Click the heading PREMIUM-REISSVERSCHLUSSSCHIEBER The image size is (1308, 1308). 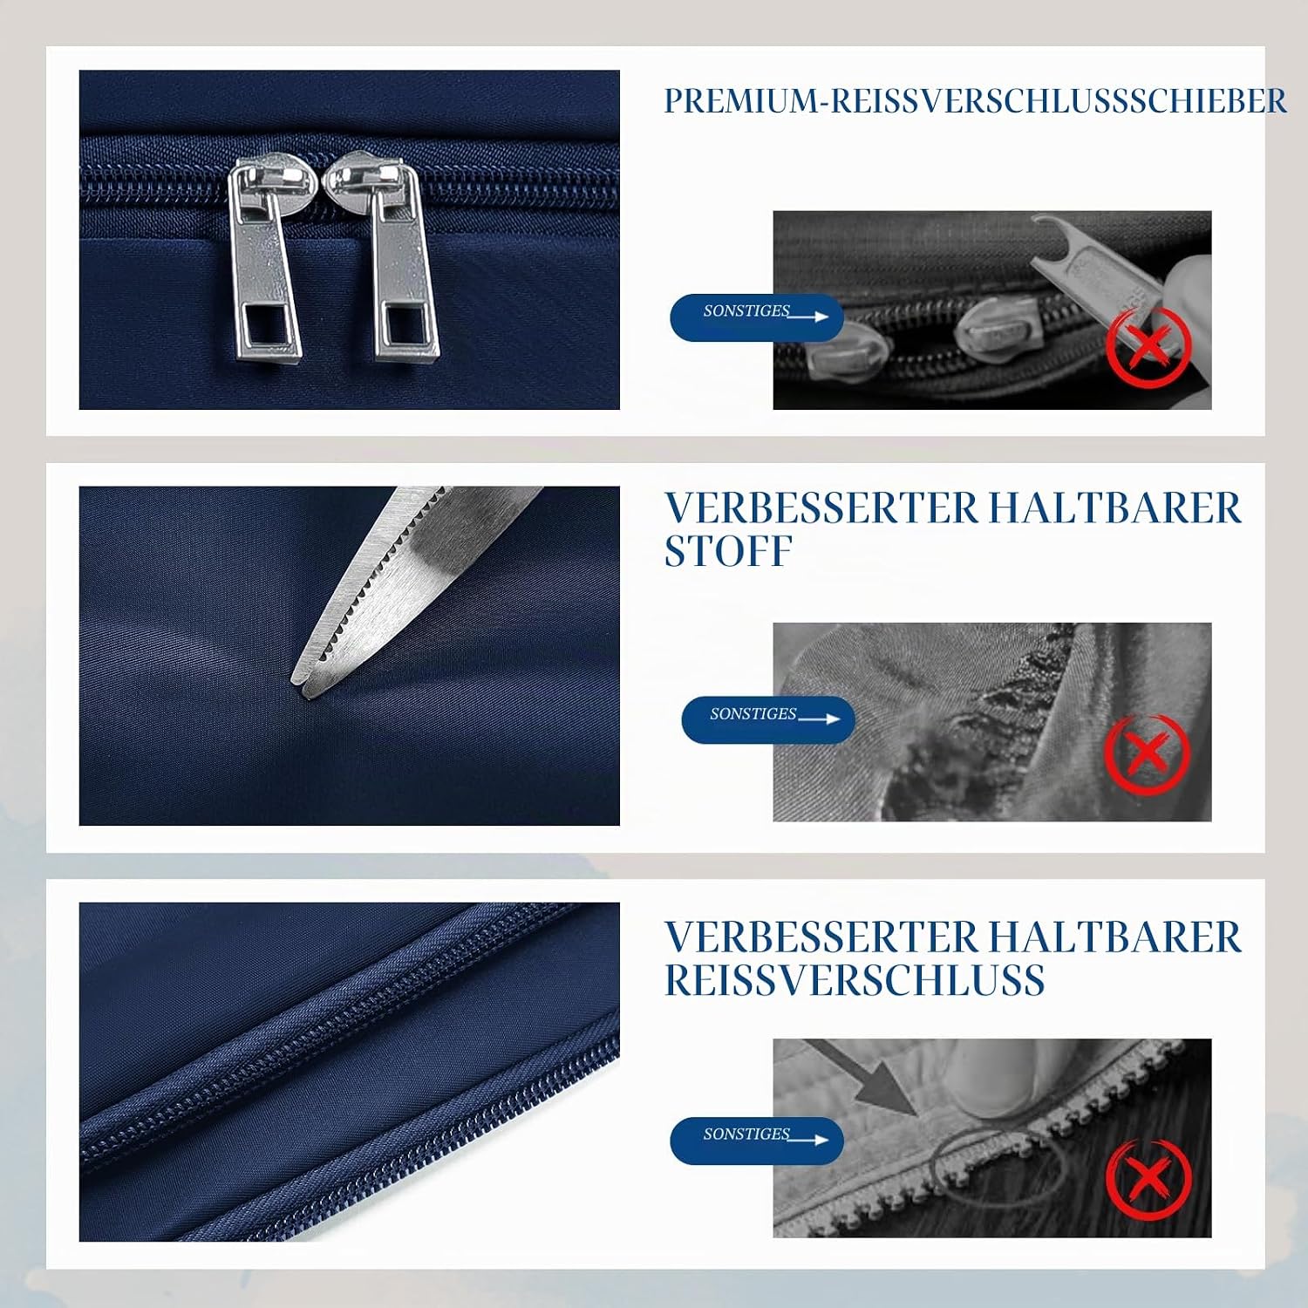tap(975, 101)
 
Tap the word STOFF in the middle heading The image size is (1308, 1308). tap(728, 551)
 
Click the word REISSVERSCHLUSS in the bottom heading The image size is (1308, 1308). tap(855, 980)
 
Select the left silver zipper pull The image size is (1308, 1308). tap(263, 260)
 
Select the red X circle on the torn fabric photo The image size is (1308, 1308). tap(1147, 753)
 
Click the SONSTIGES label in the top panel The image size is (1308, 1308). tap(756, 317)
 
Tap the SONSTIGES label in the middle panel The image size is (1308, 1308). tap(767, 719)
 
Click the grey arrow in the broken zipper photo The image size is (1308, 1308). tap(863, 1078)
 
